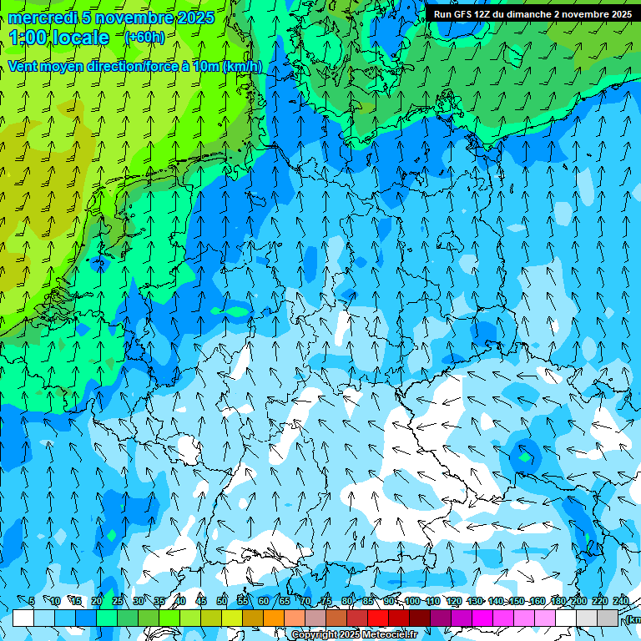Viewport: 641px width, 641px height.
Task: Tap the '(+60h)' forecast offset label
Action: [144, 37]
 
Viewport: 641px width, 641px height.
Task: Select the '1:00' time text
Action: [28, 38]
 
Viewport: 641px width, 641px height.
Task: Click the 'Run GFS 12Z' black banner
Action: [532, 13]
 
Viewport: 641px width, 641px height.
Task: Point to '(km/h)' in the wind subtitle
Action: [243, 66]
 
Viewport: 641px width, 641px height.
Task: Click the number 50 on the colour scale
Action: [222, 601]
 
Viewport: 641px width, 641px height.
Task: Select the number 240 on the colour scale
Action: [620, 601]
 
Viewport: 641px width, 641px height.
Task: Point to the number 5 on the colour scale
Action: [32, 601]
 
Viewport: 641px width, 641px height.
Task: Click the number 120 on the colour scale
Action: [453, 601]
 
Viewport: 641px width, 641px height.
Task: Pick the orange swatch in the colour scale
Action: [274, 618]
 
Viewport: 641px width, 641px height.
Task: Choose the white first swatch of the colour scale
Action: [23, 618]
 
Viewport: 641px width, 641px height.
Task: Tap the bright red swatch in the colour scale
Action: [378, 618]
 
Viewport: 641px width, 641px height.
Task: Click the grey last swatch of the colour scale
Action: [608, 618]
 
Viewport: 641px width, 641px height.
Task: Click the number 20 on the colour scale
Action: [97, 601]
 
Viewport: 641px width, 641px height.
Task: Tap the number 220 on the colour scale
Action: [599, 601]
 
